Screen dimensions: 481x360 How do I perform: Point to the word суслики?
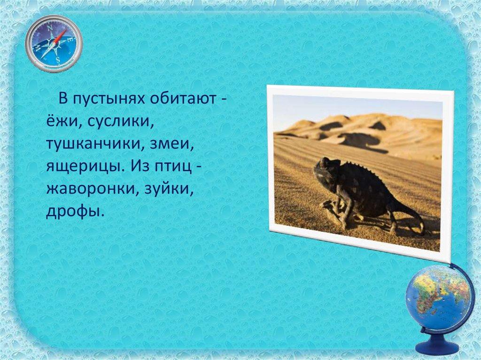(118, 122)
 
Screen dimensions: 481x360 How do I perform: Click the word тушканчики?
(95, 144)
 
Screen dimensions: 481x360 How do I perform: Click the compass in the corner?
(54, 44)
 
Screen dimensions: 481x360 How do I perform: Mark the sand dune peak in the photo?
(340, 116)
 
